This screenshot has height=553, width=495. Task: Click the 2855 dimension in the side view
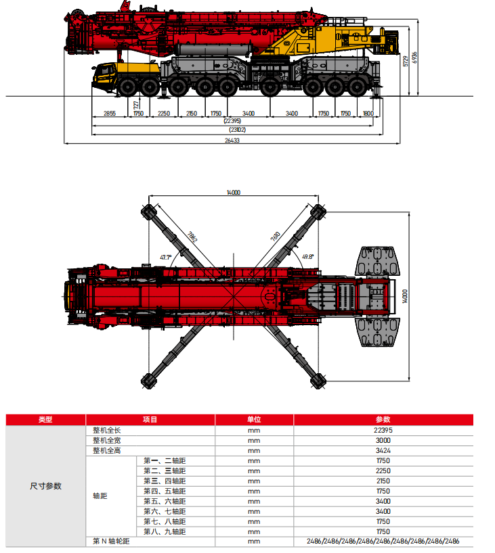109,114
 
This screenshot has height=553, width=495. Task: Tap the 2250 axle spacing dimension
163,114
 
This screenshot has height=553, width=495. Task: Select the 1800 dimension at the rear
368,114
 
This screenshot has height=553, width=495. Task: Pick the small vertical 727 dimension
136,105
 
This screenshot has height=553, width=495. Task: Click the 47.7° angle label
165,257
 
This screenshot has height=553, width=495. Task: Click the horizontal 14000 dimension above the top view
234,193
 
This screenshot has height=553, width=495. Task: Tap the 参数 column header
383,419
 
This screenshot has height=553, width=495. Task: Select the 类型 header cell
45,419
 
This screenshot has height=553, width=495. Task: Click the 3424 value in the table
383,450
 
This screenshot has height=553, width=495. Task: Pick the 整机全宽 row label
106,440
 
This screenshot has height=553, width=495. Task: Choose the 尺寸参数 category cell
45,485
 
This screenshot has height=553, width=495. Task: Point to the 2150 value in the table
383,481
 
